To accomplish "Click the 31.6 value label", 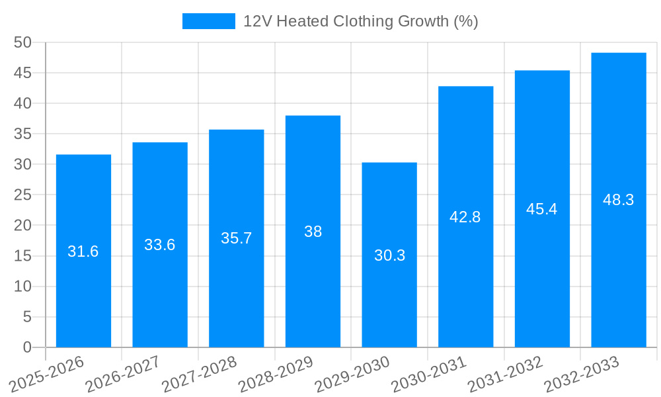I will pyautogui.click(x=83, y=251).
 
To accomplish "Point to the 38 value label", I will pyautogui.click(x=313, y=232).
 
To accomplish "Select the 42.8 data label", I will pyautogui.click(x=465, y=217).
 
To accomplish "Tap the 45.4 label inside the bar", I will pyautogui.click(x=542, y=209).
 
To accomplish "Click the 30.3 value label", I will pyautogui.click(x=390, y=255).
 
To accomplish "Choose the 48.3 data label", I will pyautogui.click(x=619, y=200).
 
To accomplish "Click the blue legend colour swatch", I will pyautogui.click(x=209, y=21).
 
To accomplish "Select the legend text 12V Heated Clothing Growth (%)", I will pyautogui.click(x=360, y=21).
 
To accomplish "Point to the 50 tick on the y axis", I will pyautogui.click(x=22, y=42).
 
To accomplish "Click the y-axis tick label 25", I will pyautogui.click(x=22, y=195).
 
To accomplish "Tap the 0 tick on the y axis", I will pyautogui.click(x=27, y=347).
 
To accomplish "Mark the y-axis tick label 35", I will pyautogui.click(x=22, y=134).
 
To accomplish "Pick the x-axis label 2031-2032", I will pyautogui.click(x=506, y=374).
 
